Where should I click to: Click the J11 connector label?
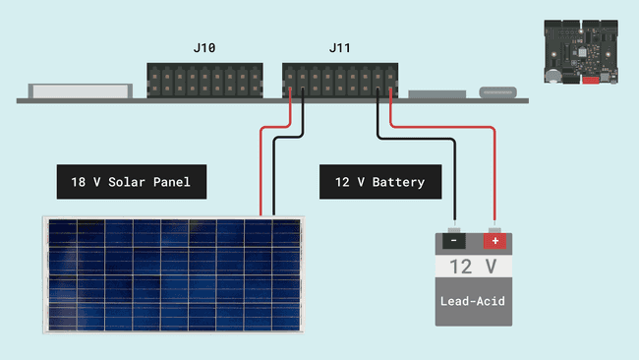point(339,48)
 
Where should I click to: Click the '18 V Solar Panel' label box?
point(131,182)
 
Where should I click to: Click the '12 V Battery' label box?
point(380,182)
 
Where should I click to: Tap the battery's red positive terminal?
point(494,240)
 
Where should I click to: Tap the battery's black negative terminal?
point(453,240)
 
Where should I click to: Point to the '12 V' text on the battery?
point(474,267)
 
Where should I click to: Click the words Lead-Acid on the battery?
point(474,300)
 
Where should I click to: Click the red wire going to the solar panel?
point(261,167)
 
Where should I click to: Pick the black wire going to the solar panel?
point(273,177)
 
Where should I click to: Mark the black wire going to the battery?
point(454,182)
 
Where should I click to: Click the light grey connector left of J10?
point(80,90)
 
